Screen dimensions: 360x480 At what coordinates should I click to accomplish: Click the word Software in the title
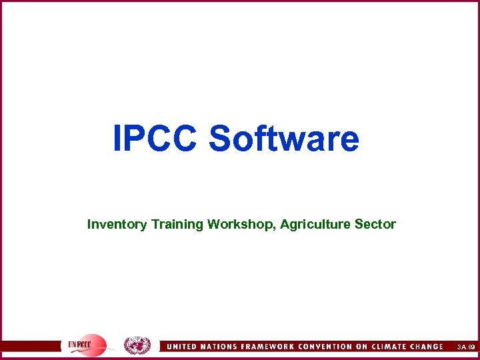(x=284, y=139)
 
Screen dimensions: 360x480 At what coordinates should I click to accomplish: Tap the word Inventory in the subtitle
(x=117, y=225)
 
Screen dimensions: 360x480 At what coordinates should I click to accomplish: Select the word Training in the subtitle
(x=177, y=225)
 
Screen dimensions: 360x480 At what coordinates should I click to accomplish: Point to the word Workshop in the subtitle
(x=239, y=225)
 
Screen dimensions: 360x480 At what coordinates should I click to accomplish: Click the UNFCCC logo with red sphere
(x=87, y=345)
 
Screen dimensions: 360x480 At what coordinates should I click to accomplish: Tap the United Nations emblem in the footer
(x=137, y=345)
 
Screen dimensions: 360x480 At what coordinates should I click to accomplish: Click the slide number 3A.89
(x=464, y=347)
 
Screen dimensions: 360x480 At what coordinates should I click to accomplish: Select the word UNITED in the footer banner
(x=183, y=347)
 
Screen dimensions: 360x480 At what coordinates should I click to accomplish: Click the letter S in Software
(x=221, y=139)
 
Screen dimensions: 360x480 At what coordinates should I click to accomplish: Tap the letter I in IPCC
(x=118, y=139)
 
